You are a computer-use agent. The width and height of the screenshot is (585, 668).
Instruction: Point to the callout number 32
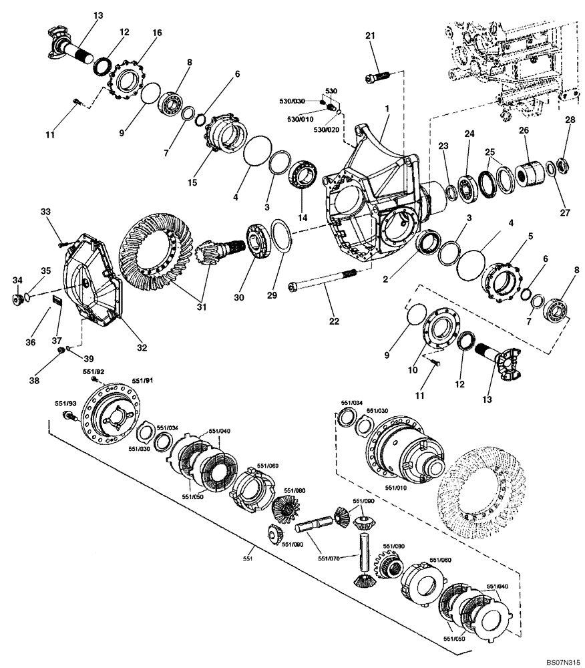[x=142, y=347]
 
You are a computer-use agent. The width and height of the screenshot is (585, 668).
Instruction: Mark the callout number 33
[x=45, y=212]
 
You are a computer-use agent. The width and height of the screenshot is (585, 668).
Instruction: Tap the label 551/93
[x=65, y=403]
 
